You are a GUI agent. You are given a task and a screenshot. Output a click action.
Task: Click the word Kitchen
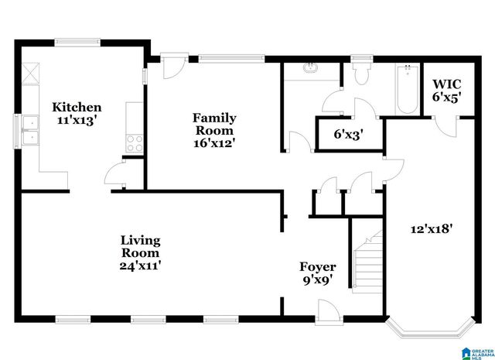77,107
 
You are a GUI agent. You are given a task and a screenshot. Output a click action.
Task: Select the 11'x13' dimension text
77,121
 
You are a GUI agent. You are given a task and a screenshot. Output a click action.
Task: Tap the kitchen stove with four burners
134,142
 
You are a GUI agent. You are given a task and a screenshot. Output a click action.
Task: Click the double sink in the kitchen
31,130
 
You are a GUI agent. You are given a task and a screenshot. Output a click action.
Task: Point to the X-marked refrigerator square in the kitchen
30,74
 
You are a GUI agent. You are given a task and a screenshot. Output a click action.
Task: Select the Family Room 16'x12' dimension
214,142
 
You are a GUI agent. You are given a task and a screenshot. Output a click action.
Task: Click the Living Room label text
140,246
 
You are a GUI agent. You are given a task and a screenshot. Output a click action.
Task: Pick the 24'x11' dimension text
140,266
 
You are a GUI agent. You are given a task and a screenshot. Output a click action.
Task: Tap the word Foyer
317,267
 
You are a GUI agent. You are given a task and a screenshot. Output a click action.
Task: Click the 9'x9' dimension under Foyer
317,280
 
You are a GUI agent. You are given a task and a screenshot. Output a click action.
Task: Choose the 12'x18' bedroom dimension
431,228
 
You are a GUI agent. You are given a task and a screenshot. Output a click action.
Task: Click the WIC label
446,84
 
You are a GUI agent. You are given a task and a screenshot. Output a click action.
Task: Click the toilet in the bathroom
360,74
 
